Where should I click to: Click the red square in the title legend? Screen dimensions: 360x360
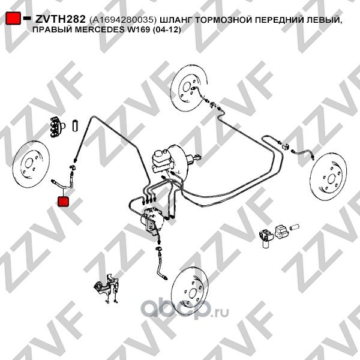point(12,19)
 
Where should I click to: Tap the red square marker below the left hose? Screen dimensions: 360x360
point(63,199)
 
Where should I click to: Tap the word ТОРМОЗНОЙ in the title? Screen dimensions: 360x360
point(226,20)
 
